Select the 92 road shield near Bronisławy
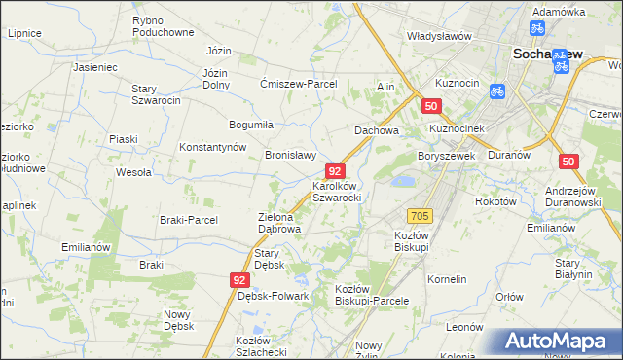point(333,170)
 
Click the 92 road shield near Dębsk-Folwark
point(239,279)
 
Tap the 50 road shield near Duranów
point(568,162)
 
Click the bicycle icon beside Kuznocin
point(495,92)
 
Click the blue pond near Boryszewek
point(401,181)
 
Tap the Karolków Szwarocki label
point(337,191)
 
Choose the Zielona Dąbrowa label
point(278,224)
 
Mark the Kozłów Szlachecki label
point(260,345)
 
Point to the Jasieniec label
point(94,68)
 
